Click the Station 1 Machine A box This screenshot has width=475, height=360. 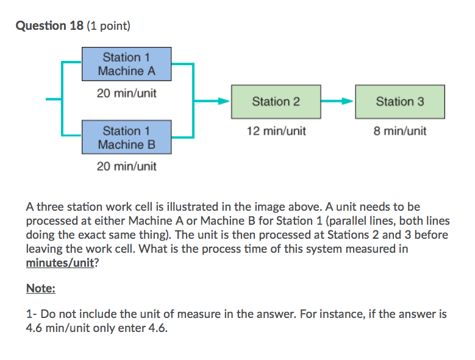pos(127,64)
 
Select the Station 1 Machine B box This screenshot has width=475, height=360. pos(127,138)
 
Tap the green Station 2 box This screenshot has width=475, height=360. pos(276,102)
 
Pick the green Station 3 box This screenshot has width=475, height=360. pos(400,102)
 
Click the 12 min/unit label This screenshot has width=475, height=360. pos(276,131)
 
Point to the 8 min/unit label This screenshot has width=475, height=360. pos(400,131)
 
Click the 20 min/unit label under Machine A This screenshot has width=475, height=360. pos(127,94)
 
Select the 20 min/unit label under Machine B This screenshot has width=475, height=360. pos(127,166)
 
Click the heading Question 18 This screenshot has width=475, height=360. pos(50,26)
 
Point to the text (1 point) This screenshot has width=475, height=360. pos(109,26)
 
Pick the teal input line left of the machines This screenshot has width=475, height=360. pos(54,101)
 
